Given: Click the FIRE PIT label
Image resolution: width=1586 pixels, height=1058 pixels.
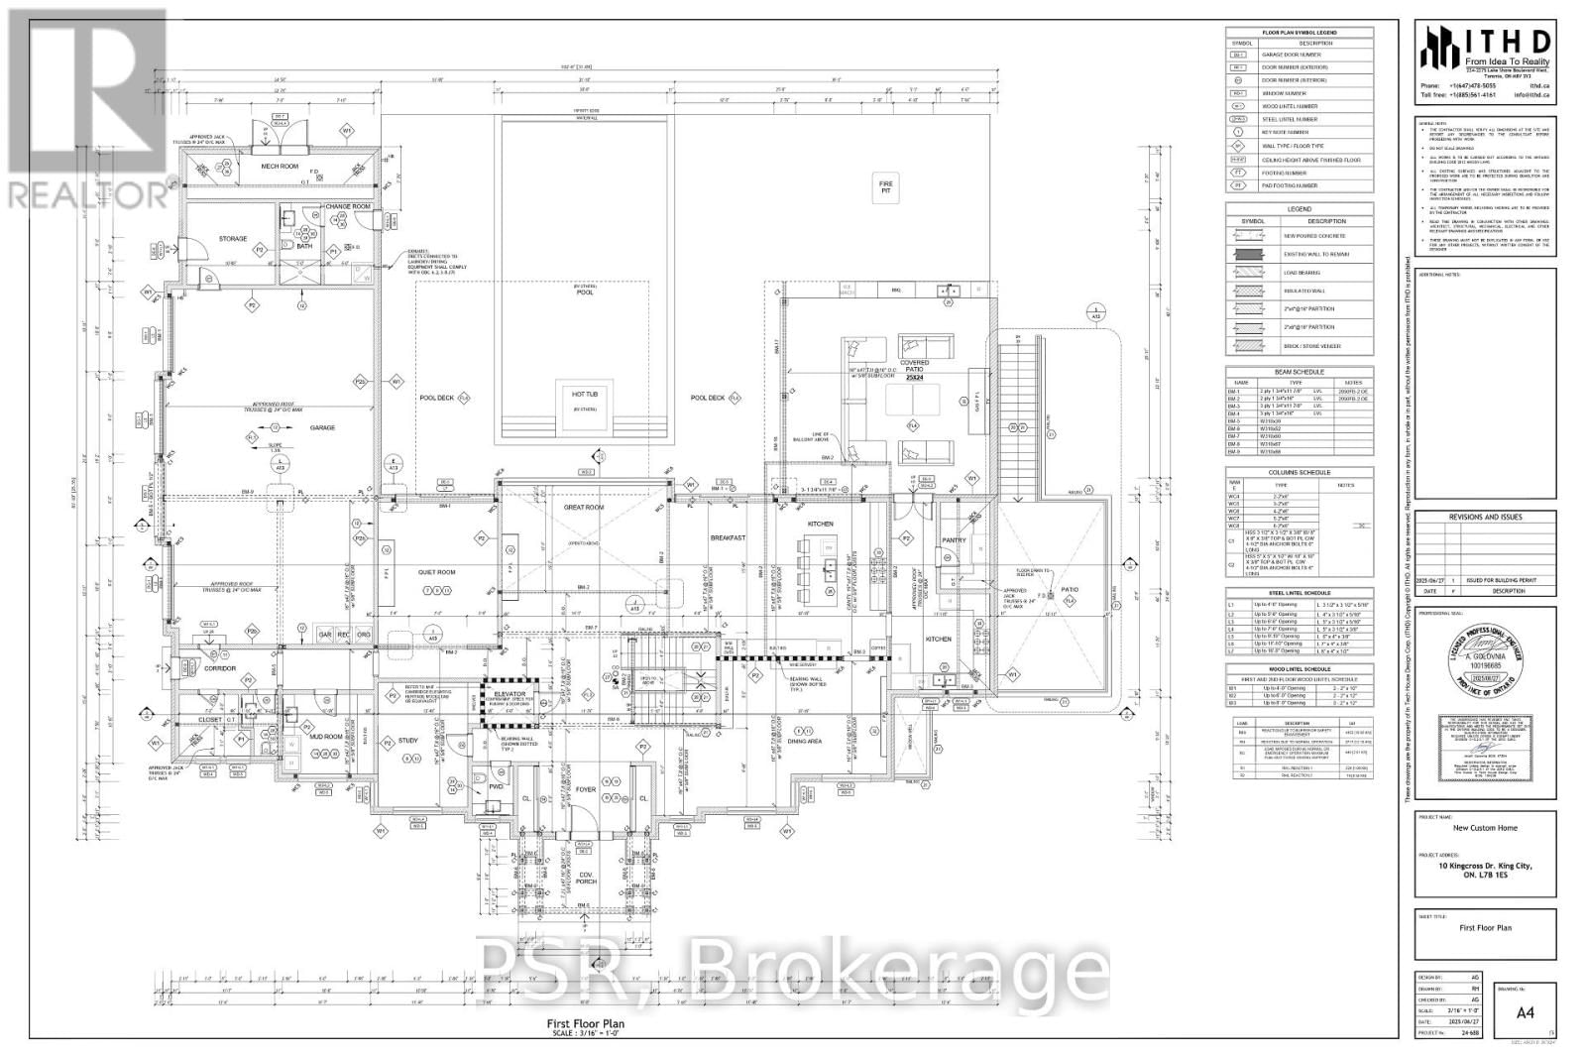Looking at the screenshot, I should point(886,187).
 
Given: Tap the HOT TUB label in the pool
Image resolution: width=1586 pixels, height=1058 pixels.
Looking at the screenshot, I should point(584,394).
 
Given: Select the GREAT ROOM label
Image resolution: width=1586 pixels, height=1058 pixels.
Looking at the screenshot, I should point(584,508).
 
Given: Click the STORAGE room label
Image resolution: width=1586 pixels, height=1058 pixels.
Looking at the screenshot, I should point(233,239).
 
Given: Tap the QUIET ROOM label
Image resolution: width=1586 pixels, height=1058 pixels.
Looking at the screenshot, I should point(436,572).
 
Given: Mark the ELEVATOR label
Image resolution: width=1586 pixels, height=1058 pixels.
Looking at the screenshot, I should point(509,694).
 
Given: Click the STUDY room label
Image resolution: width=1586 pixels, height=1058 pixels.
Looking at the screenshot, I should point(408,741).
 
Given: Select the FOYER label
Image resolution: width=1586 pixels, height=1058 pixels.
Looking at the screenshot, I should point(586,790).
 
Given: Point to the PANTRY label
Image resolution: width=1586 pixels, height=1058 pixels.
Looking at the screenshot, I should point(954,540).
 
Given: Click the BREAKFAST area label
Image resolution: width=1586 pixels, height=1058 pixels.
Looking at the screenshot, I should point(728,538).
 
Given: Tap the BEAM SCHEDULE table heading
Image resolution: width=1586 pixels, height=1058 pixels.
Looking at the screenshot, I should point(1299,371).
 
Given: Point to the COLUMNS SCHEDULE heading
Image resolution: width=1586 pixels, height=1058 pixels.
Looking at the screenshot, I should point(1299,473).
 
